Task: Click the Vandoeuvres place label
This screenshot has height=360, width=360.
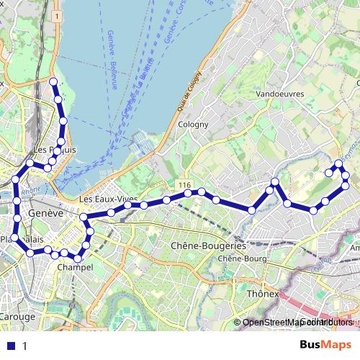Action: pos(279,94)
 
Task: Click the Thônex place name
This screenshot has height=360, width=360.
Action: pos(263,294)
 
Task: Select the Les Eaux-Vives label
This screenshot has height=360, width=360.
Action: pos(99,199)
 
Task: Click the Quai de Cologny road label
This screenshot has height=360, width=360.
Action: pos(184,94)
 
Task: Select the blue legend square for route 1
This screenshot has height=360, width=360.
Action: pos(9,346)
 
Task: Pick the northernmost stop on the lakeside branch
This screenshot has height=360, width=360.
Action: pos(53,81)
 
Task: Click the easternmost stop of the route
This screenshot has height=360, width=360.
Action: pos(346,186)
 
